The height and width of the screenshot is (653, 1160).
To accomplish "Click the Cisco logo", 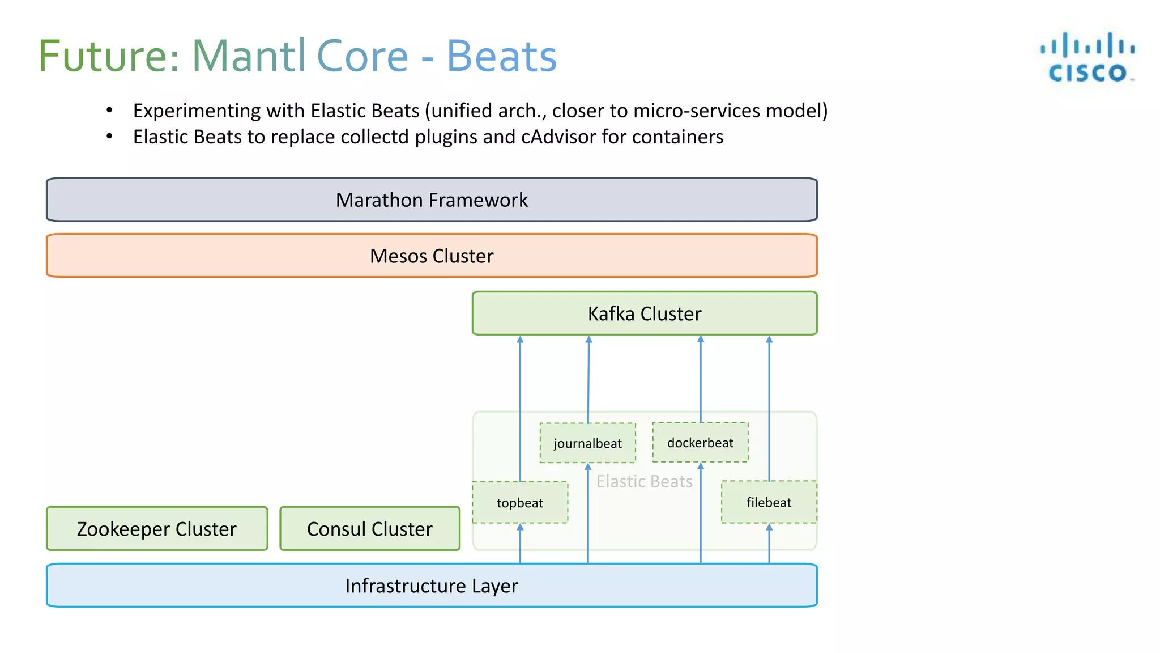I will pos(1087,57).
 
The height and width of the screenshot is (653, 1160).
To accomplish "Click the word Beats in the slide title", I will pos(501,56).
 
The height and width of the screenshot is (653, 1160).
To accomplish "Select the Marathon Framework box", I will pos(432,200).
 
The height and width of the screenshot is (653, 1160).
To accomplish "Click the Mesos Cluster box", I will pos(432,256).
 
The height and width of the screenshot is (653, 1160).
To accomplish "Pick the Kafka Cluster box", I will pos(644,313).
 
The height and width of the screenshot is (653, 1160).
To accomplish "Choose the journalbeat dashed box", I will pos(587,443).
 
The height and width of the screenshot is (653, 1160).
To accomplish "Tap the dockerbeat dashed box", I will pos(700,443).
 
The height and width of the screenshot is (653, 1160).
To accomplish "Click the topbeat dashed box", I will pos(519,503).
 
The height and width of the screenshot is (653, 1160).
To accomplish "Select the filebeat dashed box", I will pos(769,502).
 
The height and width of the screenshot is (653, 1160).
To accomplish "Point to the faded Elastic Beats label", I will pos(644,481).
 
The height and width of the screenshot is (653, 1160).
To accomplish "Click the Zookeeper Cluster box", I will pos(157,529).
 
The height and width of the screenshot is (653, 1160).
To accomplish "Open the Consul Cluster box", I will pos(370,529).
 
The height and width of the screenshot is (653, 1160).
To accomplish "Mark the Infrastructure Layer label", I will pos(432,586).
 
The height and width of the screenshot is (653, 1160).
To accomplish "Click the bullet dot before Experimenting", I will pos(109,110).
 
